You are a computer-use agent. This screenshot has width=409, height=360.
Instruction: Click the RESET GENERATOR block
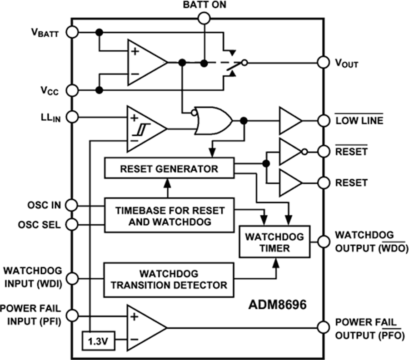(x=169, y=168)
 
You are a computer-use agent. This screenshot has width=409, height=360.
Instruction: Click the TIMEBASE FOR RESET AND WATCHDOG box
(x=169, y=215)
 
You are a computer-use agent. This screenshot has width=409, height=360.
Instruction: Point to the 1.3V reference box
(x=98, y=340)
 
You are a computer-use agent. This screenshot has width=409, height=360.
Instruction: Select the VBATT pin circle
(x=71, y=32)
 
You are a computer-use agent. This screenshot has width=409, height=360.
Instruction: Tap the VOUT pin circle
(x=323, y=63)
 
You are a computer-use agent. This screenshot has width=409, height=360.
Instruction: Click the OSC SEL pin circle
(x=71, y=224)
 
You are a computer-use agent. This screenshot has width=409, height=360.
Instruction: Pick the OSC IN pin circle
(x=71, y=206)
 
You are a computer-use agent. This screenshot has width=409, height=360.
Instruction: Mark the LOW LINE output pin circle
(x=323, y=121)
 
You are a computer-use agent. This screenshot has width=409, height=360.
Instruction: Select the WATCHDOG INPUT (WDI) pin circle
(x=71, y=277)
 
